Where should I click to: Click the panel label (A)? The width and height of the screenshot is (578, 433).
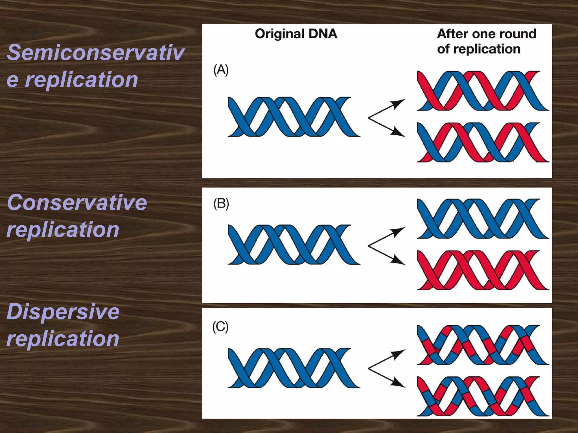(221, 70)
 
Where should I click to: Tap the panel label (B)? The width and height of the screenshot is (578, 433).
(221, 204)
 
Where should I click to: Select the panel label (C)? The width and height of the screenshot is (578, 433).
(220, 327)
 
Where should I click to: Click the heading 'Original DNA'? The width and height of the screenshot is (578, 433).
(296, 34)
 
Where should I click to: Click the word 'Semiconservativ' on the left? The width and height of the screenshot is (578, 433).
(95, 53)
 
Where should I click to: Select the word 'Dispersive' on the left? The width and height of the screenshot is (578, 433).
(63, 312)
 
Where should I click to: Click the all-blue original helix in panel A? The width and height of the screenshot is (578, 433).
(294, 117)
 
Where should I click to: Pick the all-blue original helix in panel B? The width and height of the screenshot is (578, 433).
(294, 245)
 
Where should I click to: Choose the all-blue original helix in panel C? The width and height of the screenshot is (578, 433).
(294, 368)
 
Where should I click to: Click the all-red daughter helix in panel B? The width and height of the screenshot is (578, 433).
(483, 270)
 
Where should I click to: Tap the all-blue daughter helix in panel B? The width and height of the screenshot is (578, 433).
(483, 218)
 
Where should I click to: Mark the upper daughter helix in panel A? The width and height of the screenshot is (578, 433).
(483, 91)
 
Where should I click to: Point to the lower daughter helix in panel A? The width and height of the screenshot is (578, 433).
(483, 142)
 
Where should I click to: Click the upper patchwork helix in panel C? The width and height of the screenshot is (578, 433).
(483, 345)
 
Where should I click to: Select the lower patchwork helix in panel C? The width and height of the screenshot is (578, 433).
(483, 396)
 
